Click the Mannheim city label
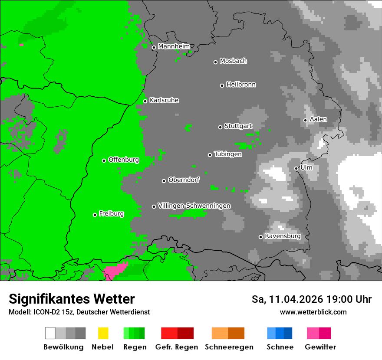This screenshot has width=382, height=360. [x=174, y=46]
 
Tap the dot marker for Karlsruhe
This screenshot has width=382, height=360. [x=145, y=101]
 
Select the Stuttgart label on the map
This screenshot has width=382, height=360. [x=238, y=126]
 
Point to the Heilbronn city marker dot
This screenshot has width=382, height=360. [x=222, y=85]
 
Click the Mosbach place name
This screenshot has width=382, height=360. [x=233, y=61]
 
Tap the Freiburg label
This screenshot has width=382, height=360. [x=111, y=214]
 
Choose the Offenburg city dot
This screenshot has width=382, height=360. [x=104, y=160]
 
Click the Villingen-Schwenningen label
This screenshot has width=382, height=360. [x=194, y=206]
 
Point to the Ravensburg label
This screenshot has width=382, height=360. [x=283, y=236]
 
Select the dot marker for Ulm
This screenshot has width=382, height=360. [x=296, y=168]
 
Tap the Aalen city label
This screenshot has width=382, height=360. [x=318, y=119]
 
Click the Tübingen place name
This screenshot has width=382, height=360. [x=228, y=154]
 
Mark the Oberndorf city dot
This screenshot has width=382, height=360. [x=164, y=181]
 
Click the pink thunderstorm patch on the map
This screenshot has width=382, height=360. [x=115, y=271]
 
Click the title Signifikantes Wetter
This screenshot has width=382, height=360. [x=72, y=299]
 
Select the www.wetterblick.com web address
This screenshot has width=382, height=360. [x=313, y=312]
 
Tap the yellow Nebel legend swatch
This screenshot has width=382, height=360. [x=103, y=333]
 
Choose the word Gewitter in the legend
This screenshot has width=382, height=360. [x=320, y=347]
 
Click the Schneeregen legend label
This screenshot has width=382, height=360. [x=229, y=347]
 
